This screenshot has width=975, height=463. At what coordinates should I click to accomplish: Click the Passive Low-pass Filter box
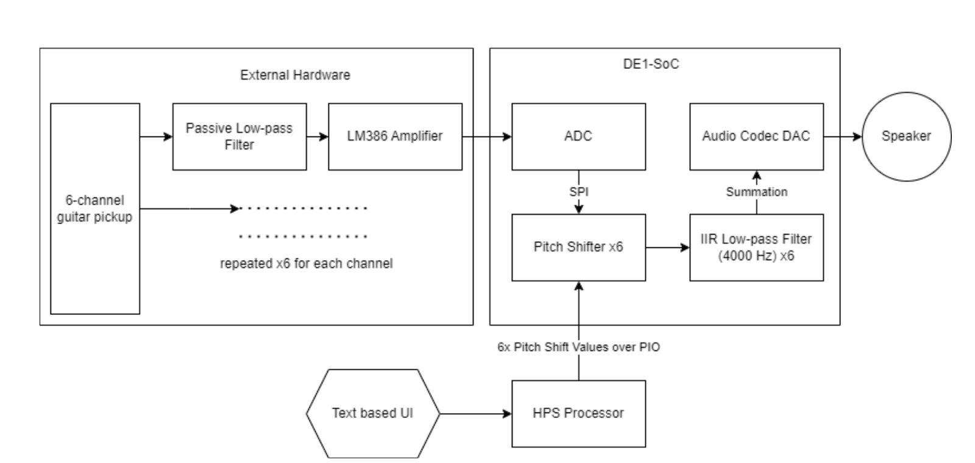coord(239,136)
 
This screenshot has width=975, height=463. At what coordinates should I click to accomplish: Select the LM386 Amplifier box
coord(395,136)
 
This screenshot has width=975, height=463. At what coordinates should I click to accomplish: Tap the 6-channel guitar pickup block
coord(95,208)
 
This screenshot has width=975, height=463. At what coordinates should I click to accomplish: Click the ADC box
coord(578,136)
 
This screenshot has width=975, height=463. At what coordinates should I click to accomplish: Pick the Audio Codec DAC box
coord(756,136)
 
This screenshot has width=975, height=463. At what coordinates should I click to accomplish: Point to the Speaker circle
coord(906,136)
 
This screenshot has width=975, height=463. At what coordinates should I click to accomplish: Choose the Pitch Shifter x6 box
coord(578,247)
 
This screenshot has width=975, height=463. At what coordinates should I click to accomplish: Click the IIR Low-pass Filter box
coord(756,247)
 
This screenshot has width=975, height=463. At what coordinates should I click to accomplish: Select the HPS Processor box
coord(578,414)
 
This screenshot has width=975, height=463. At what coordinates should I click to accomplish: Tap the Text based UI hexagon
coord(372,414)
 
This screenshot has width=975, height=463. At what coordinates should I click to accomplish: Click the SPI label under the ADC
coord(578,192)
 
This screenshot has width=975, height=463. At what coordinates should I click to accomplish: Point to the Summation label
coord(756,192)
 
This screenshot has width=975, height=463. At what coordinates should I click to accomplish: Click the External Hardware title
coord(295,75)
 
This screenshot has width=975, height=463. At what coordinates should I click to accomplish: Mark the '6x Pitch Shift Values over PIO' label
coord(578,347)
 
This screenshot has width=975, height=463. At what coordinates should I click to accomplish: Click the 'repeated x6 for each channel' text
coord(306,264)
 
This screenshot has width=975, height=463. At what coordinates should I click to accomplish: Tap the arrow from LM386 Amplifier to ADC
coord(486,137)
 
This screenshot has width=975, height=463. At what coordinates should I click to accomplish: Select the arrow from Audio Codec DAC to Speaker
coord(843,137)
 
